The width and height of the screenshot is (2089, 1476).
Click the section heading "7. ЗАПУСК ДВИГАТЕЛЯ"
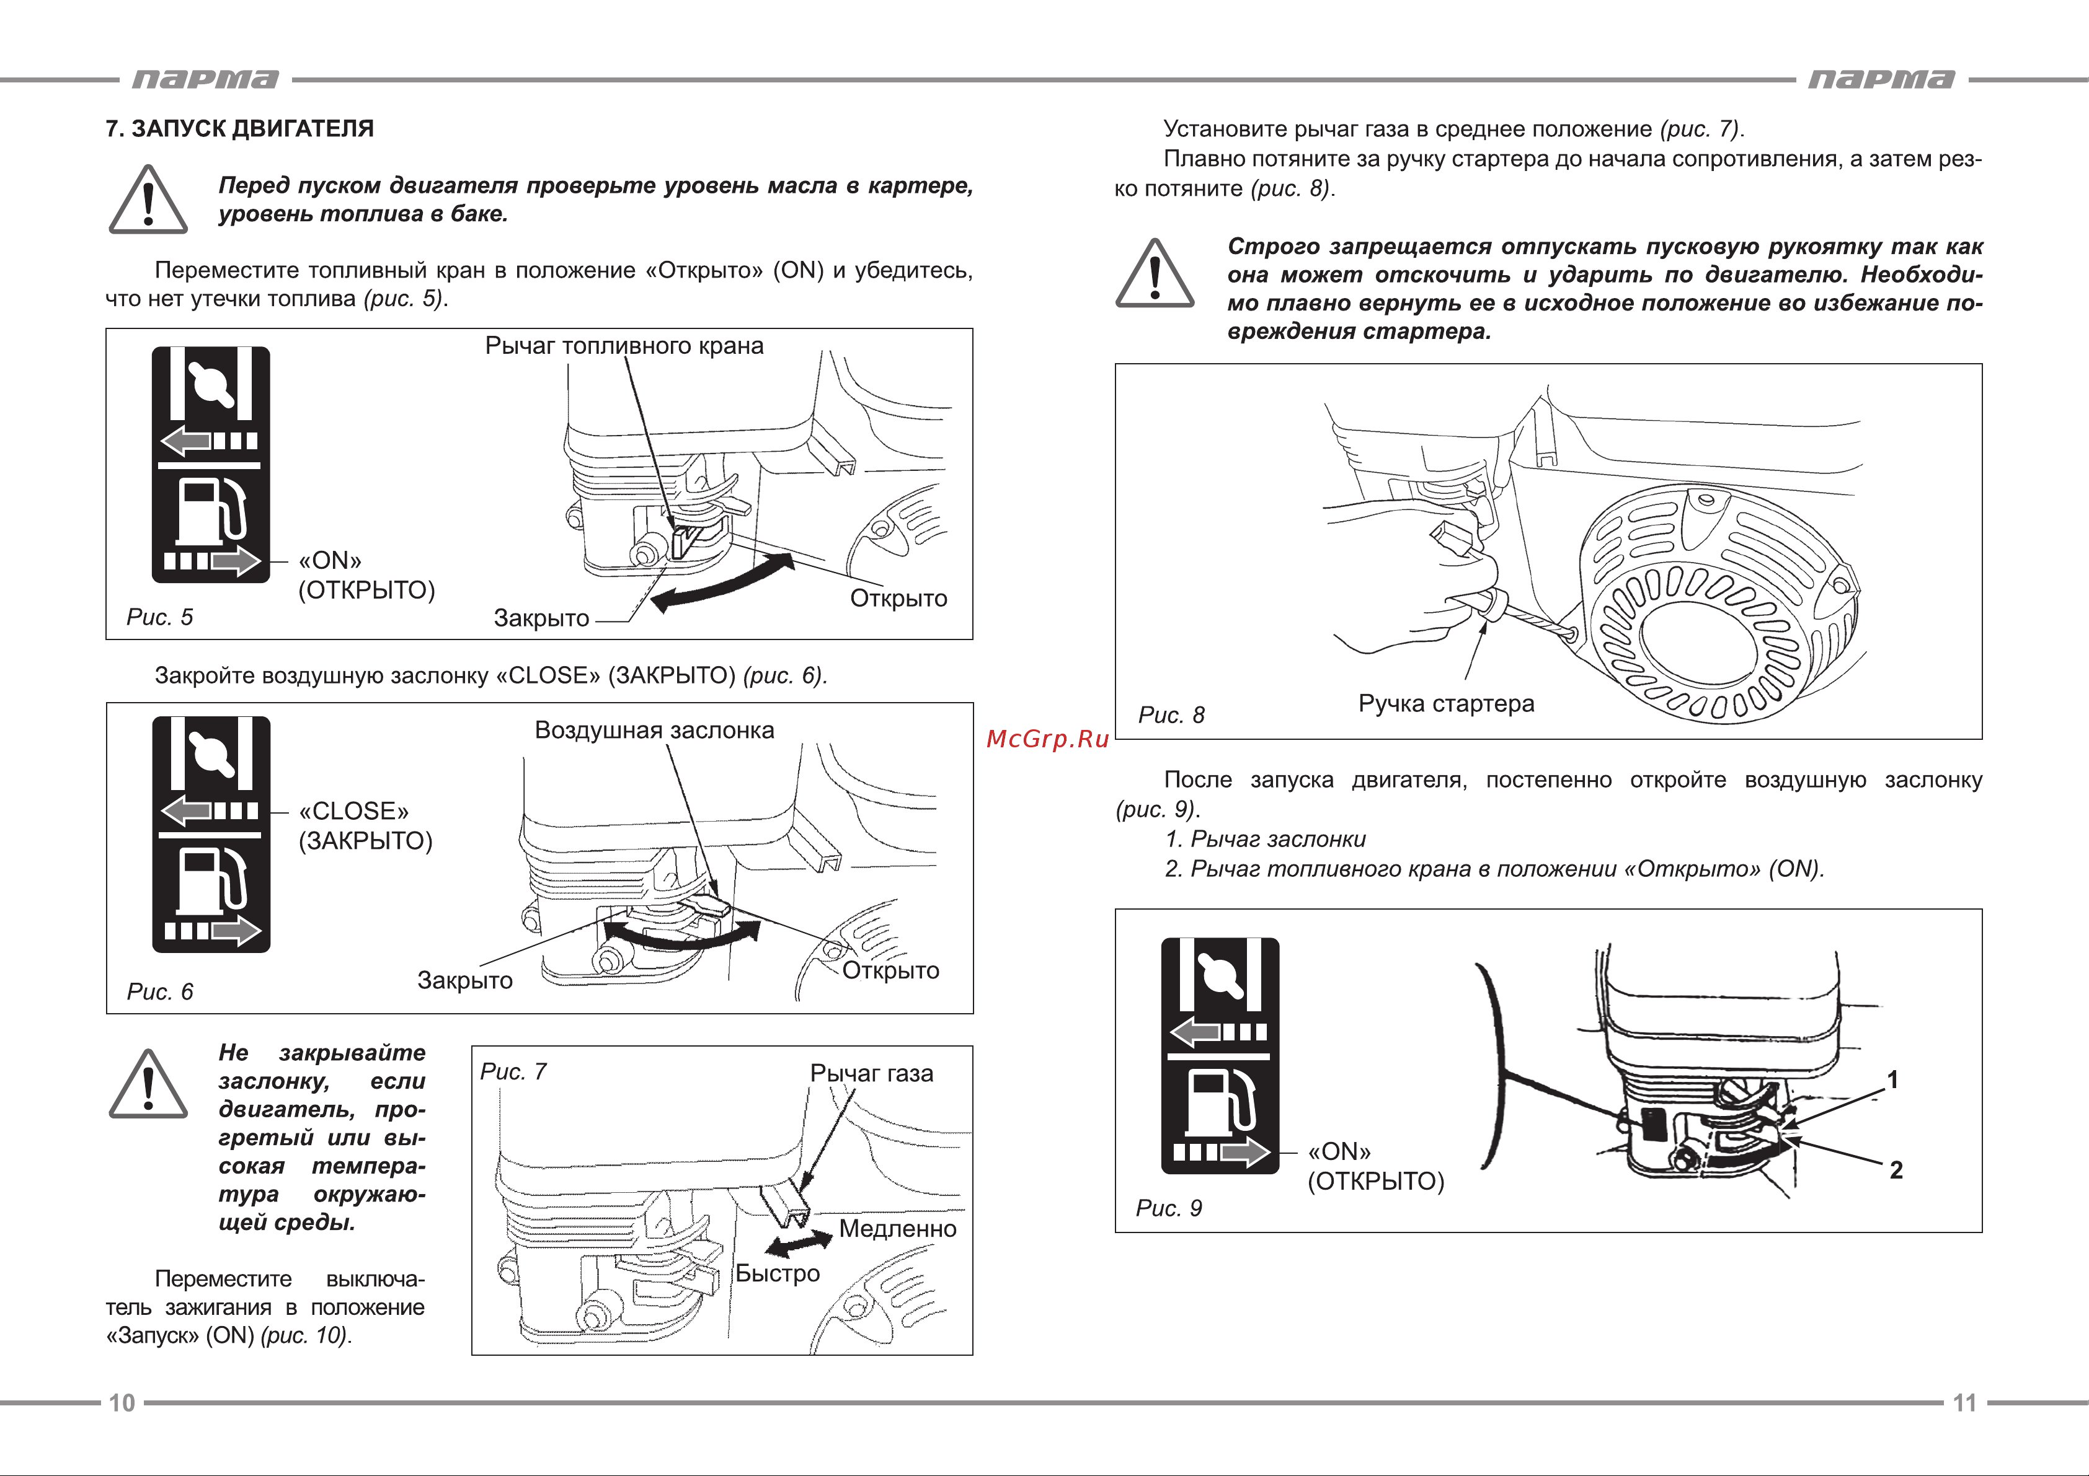[239, 128]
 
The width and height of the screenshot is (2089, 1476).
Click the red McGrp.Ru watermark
[1047, 739]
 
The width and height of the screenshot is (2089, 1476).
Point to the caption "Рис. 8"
[1171, 715]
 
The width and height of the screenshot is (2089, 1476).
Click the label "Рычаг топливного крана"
[624, 346]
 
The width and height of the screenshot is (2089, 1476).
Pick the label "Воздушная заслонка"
[654, 731]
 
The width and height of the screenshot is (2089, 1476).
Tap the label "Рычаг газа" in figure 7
[872, 1073]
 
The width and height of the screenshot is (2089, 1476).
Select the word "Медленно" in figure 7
[897, 1229]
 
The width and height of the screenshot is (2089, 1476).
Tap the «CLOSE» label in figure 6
[354, 810]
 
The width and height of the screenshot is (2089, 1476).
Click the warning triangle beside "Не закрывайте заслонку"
[148, 1086]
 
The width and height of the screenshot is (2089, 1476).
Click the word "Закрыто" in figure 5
[541, 618]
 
